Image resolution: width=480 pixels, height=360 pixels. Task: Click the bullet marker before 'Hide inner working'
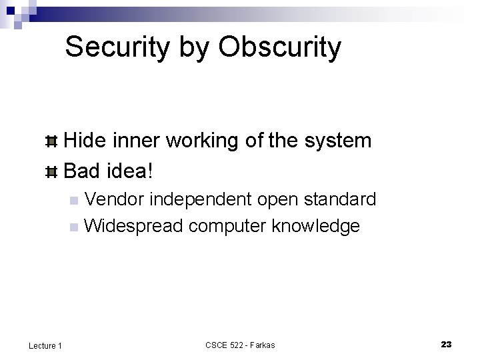click(x=51, y=141)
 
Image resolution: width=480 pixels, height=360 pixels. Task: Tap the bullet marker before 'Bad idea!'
click(x=51, y=172)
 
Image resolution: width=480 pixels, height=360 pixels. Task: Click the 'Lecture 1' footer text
click(x=45, y=345)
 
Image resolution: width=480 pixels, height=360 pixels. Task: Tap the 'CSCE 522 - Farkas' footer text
click(x=240, y=345)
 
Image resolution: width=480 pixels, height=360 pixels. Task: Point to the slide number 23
click(x=446, y=344)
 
